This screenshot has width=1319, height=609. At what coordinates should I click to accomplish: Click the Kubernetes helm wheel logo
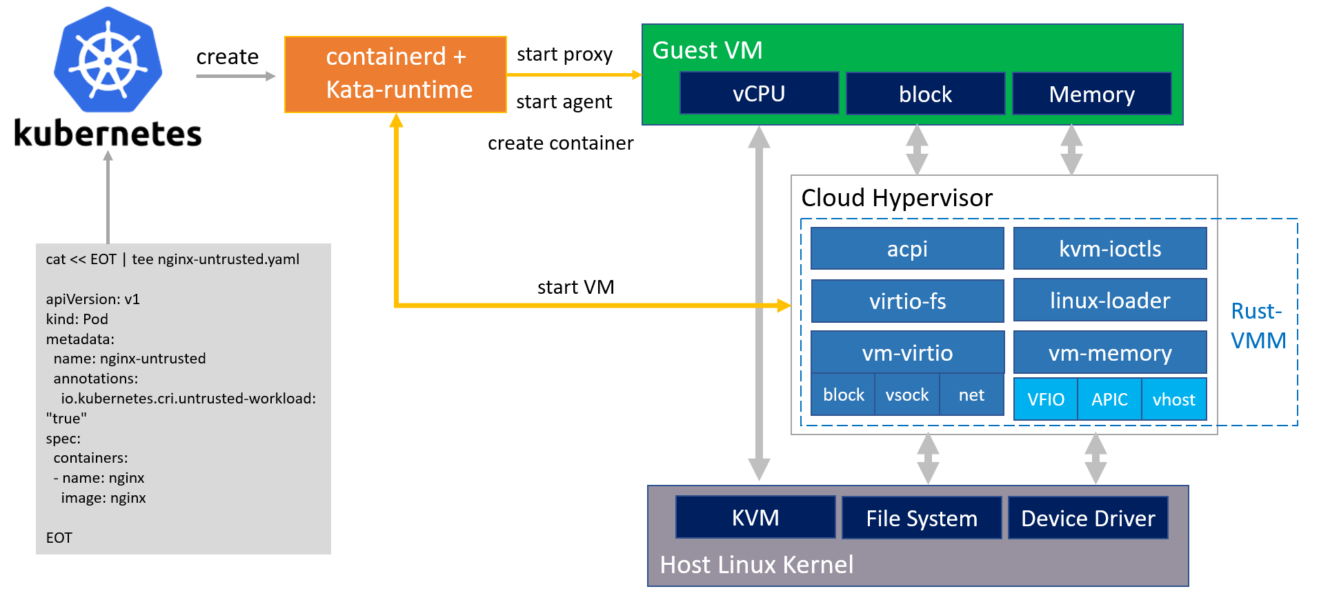(x=108, y=61)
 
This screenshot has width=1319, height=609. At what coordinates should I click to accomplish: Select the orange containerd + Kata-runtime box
(x=395, y=74)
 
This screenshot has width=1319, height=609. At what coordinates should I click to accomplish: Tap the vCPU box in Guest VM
(x=759, y=93)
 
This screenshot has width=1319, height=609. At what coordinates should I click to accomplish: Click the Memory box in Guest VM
(x=1091, y=94)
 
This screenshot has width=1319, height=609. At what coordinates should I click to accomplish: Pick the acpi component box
(x=907, y=248)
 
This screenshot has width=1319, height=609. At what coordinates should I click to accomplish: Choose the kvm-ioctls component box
(x=1110, y=248)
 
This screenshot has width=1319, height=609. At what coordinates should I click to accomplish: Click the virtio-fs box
(x=907, y=301)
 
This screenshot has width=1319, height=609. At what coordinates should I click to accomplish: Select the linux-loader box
(x=1110, y=300)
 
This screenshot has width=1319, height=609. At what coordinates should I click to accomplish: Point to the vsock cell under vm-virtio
(x=907, y=395)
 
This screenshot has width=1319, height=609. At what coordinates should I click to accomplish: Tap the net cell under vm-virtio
(x=971, y=395)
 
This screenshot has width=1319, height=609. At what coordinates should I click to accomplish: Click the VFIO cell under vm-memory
(x=1046, y=399)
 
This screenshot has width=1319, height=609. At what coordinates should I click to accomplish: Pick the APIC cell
(x=1109, y=399)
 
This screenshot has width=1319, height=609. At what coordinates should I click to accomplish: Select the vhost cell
(x=1173, y=399)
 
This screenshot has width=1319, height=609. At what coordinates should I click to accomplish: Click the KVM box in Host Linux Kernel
(x=755, y=517)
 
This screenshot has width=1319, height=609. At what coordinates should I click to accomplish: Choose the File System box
(x=922, y=518)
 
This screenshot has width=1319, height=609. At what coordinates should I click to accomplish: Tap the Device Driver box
(x=1088, y=518)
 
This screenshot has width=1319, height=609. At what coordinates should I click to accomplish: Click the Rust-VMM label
(x=1258, y=326)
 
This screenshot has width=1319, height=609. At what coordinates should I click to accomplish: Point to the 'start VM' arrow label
(x=575, y=287)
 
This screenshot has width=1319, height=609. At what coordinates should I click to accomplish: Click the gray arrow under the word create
(x=235, y=76)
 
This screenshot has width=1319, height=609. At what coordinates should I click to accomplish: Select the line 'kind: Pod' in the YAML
(x=77, y=319)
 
